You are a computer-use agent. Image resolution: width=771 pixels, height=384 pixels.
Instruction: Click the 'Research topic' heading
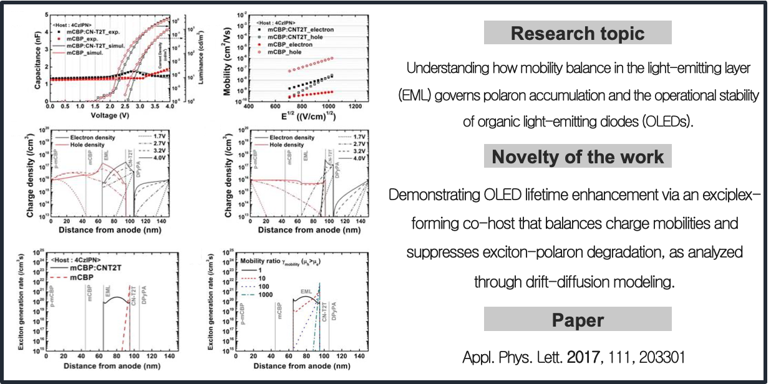577,33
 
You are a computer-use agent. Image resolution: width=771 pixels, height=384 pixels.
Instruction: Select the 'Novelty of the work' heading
577,156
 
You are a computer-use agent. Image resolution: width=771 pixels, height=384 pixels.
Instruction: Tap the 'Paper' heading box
577,320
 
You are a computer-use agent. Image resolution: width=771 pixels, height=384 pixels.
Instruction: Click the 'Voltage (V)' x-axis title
110,115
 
